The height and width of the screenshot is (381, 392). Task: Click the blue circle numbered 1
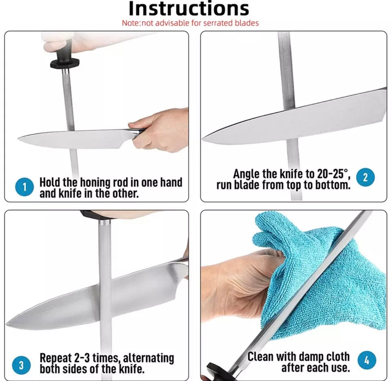tap(25, 187)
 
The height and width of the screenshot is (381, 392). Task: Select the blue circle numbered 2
tap(365, 177)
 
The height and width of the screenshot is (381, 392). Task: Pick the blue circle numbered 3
tap(21, 366)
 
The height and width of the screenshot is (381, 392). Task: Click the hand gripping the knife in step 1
tap(159, 130)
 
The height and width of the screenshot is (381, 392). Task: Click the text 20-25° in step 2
tap(332, 174)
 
